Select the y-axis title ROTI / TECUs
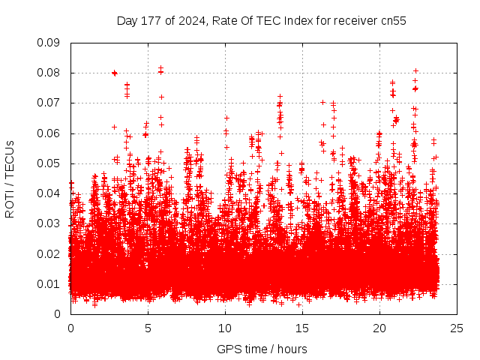tap(10, 178)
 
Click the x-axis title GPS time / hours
tap(262, 349)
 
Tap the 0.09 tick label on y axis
tap(49, 43)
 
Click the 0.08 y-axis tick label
tap(49, 73)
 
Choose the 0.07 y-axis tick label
tap(49, 103)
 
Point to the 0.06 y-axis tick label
tap(49, 133)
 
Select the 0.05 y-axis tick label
tap(49, 163)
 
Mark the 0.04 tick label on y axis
tap(49, 193)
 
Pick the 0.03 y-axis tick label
tap(49, 223)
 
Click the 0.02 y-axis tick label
tap(49, 253)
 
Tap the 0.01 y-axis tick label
tap(49, 283)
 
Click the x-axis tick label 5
tap(148, 328)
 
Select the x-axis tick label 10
tap(225, 328)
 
